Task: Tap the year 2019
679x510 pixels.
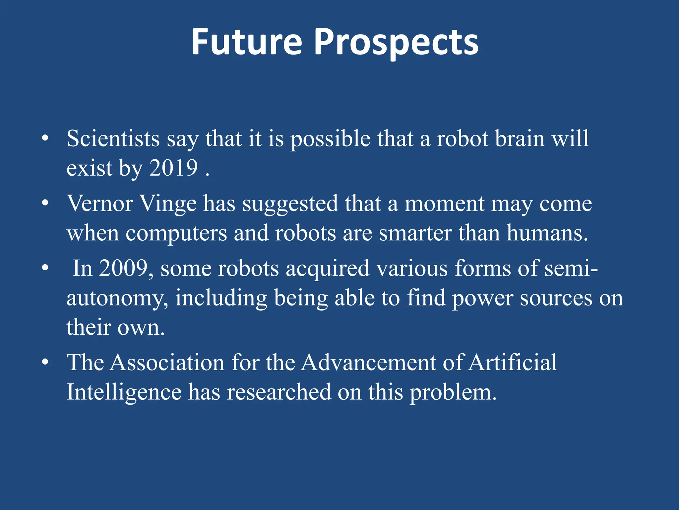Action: click(x=173, y=168)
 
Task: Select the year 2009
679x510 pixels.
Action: click(x=123, y=268)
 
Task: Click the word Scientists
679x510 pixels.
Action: click(x=113, y=138)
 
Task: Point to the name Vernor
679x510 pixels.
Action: click(x=100, y=203)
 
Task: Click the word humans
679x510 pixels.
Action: click(x=547, y=233)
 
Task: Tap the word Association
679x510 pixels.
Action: click(x=167, y=362)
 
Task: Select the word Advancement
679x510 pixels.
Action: click(x=368, y=362)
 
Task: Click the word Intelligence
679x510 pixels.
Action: click(x=124, y=392)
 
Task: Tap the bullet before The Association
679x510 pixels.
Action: click(x=45, y=362)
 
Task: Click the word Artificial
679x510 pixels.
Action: click(x=513, y=362)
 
